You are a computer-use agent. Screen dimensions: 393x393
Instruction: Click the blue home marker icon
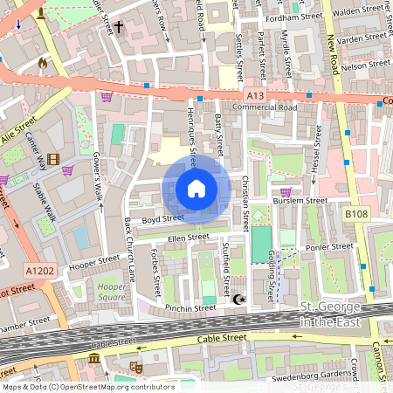[x=196, y=189]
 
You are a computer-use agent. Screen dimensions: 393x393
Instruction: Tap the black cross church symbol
[x=118, y=27]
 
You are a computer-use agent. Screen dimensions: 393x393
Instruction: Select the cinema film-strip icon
[x=54, y=159]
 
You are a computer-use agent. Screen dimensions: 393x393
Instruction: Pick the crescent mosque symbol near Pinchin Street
[x=240, y=300]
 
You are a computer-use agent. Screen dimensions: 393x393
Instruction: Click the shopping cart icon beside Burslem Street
[x=285, y=192]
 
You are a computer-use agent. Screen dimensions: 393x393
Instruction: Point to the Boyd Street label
[x=162, y=218]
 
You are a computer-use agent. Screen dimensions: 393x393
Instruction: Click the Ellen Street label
[x=188, y=237]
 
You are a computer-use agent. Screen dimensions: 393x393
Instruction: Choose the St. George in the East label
[x=335, y=314]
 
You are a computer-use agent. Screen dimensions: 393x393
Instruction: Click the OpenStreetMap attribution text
[x=87, y=386]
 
